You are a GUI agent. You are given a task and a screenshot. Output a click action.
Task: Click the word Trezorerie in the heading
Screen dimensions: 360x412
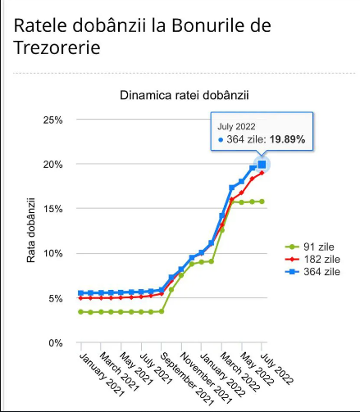click(57, 48)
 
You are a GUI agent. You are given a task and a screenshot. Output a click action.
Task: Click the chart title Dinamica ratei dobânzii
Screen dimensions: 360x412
click(185, 96)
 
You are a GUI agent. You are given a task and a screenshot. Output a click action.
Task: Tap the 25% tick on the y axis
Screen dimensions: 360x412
click(52, 120)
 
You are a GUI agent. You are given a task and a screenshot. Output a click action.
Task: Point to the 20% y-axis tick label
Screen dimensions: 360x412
click(52, 165)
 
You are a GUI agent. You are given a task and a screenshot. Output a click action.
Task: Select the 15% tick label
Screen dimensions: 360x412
click(52, 209)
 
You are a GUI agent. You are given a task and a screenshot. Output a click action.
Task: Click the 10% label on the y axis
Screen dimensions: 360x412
click(52, 253)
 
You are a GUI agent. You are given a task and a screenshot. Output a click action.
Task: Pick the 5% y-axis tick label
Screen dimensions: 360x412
click(56, 298)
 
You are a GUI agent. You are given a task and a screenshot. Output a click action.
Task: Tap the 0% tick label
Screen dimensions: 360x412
click(56, 343)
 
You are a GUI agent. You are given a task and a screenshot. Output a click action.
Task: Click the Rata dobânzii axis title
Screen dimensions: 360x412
click(31, 230)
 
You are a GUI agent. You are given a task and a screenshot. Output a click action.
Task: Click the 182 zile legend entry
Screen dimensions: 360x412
click(312, 259)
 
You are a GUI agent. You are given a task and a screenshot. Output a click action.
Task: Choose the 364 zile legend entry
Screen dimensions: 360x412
click(312, 272)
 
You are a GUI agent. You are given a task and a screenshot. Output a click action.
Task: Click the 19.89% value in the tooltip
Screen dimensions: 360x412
click(287, 139)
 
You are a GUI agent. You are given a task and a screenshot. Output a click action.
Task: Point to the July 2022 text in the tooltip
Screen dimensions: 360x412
click(236, 127)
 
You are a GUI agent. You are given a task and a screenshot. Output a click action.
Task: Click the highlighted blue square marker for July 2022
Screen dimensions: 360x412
click(262, 165)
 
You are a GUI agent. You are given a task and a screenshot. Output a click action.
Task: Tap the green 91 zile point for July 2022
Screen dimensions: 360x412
click(262, 201)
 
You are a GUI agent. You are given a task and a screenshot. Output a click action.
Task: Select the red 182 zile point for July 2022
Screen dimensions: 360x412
click(262, 173)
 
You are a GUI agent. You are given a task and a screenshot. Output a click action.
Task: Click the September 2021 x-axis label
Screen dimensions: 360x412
click(186, 379)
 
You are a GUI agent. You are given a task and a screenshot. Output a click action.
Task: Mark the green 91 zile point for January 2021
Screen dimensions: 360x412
click(80, 312)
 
